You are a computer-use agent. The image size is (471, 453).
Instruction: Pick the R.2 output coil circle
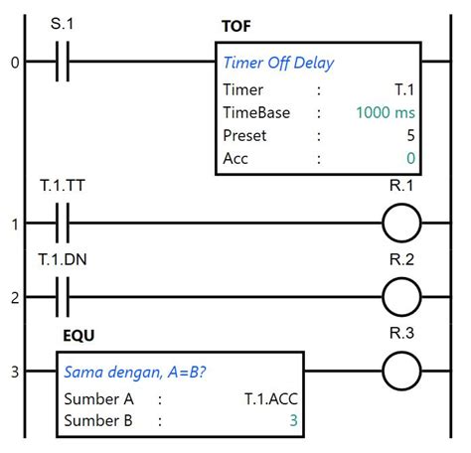point(401,296)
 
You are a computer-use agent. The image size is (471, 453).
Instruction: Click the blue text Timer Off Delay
point(278,64)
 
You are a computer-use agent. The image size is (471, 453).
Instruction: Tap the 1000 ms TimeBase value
point(387,112)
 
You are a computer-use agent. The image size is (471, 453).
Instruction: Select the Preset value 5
point(410,135)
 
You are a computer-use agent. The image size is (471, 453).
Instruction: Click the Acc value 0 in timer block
point(410,158)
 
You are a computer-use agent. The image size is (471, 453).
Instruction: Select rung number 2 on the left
point(14,297)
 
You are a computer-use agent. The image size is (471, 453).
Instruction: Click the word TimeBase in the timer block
point(255,112)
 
